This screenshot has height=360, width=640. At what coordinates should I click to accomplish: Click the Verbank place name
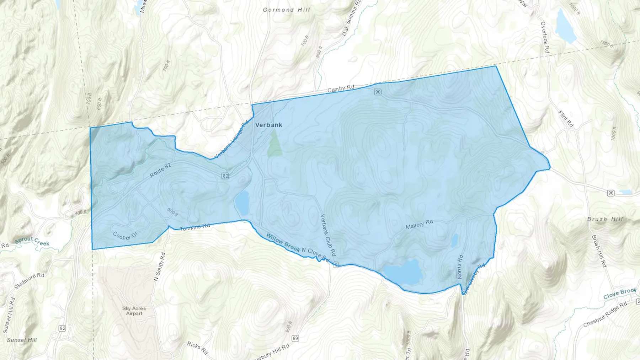tap(269, 125)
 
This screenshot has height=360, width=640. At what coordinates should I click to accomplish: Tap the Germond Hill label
tap(286, 10)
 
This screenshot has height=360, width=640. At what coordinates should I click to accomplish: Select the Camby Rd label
tap(341, 88)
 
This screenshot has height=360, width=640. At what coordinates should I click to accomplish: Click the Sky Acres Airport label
tap(134, 311)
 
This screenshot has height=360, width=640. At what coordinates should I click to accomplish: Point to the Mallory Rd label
tap(419, 224)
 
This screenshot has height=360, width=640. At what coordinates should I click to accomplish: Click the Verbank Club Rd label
tap(328, 235)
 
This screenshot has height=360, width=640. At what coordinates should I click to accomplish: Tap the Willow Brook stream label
tap(283, 242)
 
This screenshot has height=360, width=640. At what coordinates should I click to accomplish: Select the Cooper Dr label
tap(125, 236)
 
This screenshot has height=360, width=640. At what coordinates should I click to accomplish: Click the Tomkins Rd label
tap(195, 227)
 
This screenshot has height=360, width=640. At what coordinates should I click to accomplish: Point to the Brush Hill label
tap(605, 219)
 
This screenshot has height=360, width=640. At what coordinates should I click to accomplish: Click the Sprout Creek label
tap(32, 241)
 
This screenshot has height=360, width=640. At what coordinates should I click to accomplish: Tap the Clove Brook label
tap(619, 294)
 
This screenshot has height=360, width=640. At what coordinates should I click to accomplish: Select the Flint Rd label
tap(566, 119)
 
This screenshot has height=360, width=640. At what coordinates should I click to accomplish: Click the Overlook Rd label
tap(545, 38)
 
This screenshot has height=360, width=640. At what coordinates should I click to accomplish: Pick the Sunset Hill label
tap(22, 340)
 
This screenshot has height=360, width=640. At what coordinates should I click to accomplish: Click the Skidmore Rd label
tap(29, 281)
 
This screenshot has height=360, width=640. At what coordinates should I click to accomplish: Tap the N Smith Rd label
tap(160, 267)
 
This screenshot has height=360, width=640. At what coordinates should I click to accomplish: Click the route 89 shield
tap(295, 338)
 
